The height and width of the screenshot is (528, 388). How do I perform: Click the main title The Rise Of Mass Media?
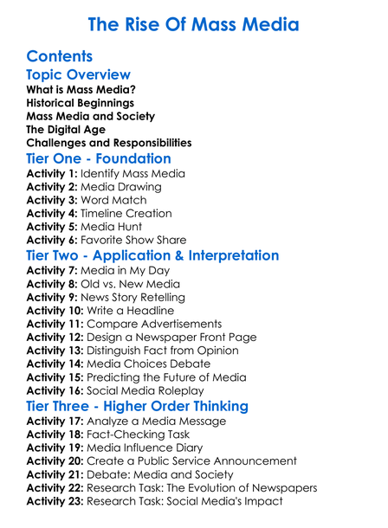194,23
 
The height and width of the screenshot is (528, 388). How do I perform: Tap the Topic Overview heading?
79,75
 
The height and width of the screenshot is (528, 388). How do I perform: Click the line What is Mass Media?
81,89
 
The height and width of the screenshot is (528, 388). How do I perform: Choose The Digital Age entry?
66,129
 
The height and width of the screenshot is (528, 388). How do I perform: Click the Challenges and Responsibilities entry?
109,142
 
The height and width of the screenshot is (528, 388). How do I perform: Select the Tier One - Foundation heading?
99,158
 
